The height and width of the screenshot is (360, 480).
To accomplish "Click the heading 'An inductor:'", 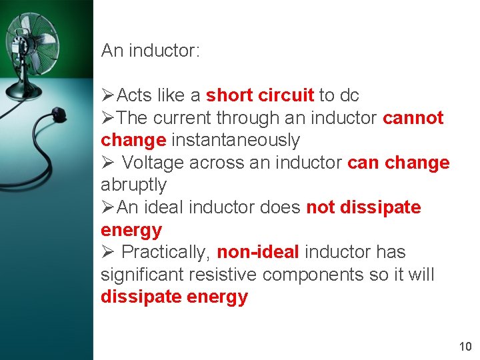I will pos(150,51).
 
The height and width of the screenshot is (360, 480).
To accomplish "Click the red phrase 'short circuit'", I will pos(260,95).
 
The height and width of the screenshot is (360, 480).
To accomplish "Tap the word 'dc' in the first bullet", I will pos(349,95).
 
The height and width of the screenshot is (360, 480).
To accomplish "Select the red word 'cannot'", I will pos(413,118).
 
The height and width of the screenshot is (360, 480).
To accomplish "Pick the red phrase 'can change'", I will pos(399,163).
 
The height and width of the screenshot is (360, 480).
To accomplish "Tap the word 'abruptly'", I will pos(133,185).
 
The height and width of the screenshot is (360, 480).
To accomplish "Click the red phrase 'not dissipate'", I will pos(363,207).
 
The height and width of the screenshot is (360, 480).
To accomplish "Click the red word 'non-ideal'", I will pos(258,252).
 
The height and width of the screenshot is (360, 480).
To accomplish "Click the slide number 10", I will pos(465,346).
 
